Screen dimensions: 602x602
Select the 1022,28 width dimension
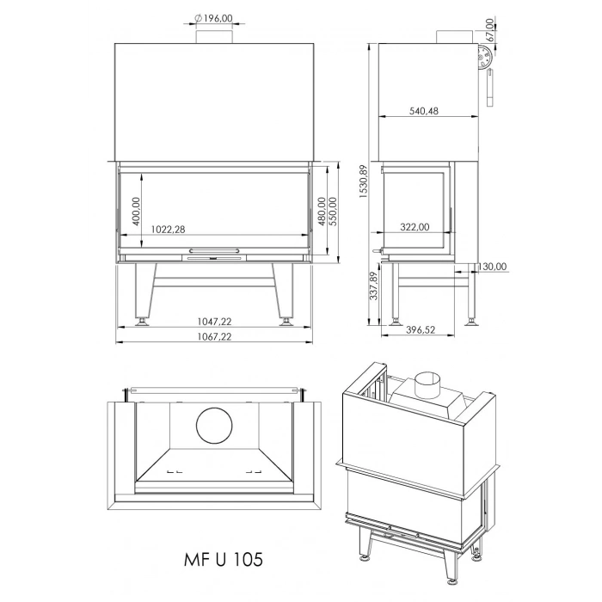pos(167,230)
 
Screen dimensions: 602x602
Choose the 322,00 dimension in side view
pos(415,228)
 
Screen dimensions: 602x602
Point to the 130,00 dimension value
pos(493,267)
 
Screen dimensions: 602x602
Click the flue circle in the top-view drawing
pos(214,427)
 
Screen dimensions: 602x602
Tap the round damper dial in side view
pos(483,59)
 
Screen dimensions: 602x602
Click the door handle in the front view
pos(214,252)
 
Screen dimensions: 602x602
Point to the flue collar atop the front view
pos(214,35)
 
